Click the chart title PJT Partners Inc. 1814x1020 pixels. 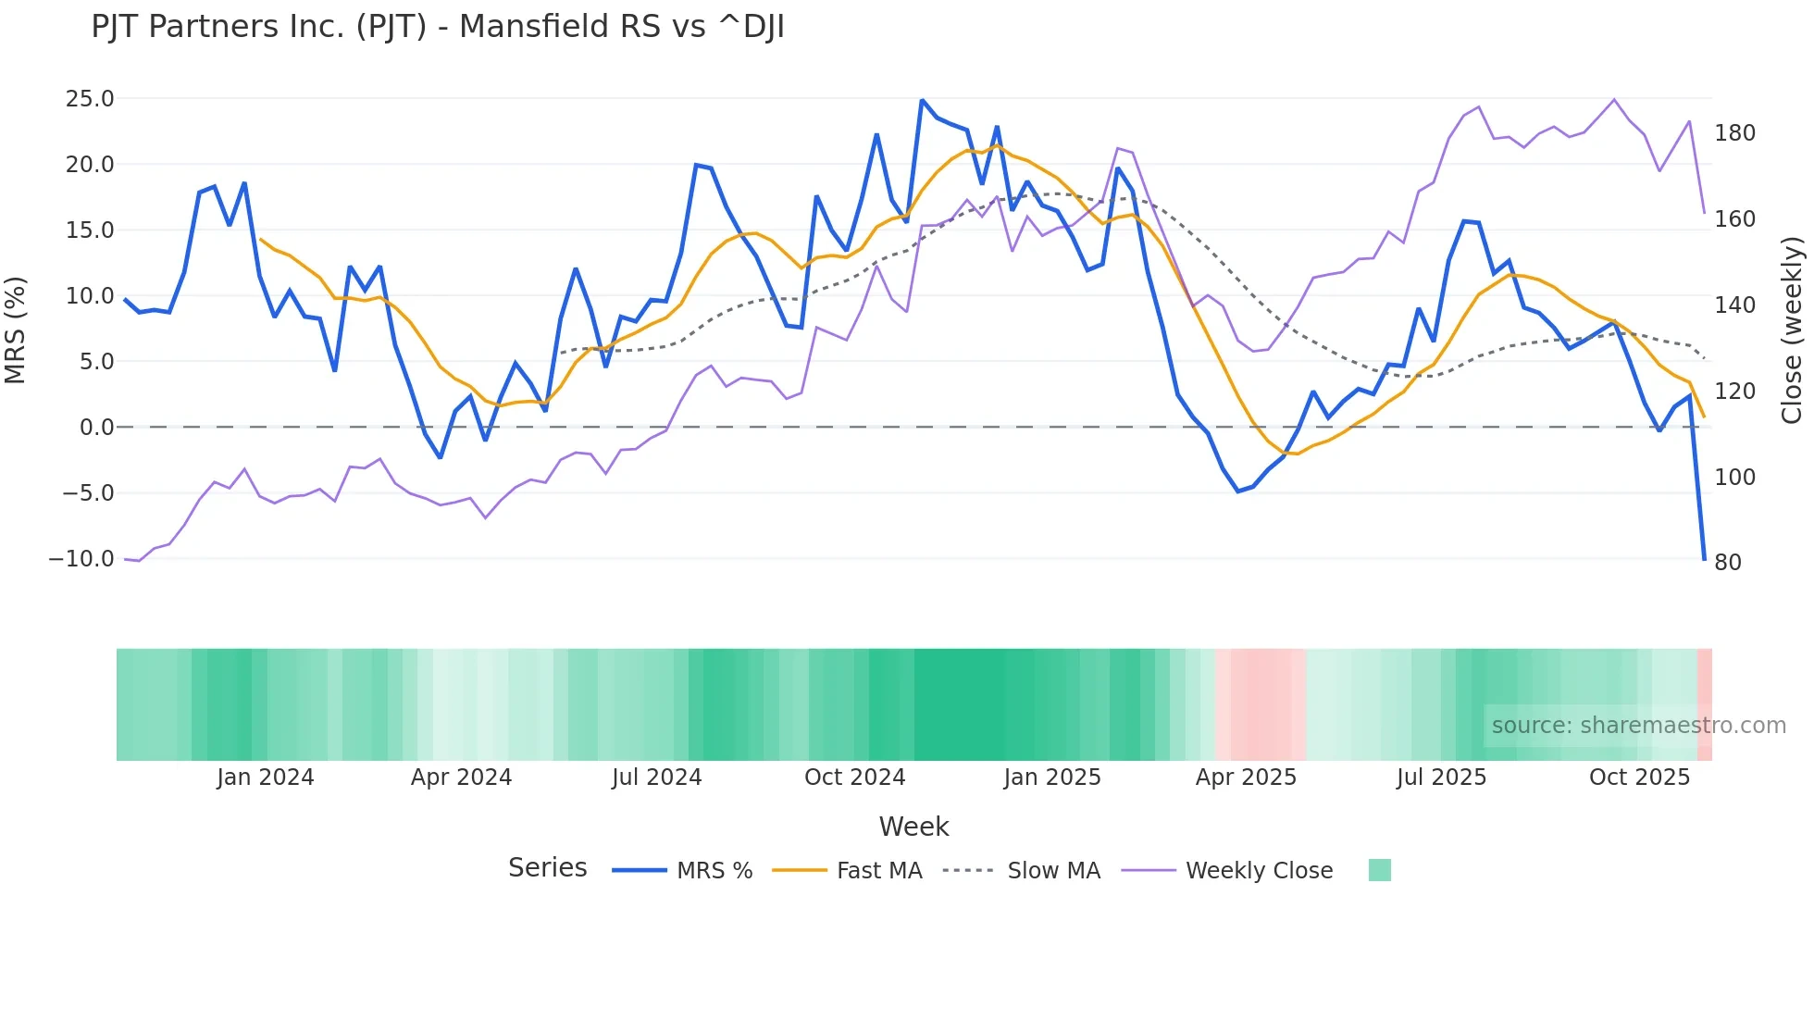click(x=437, y=27)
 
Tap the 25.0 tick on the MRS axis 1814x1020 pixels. click(x=90, y=99)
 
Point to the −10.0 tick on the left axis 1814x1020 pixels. click(x=81, y=559)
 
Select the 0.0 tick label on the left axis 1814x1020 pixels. click(x=96, y=428)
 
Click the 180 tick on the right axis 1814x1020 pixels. click(x=1734, y=133)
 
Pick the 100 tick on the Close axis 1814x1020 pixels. click(x=1734, y=478)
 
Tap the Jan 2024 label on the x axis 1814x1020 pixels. click(x=266, y=777)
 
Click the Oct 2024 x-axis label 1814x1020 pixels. click(x=854, y=777)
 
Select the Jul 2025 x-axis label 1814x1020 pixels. click(x=1441, y=777)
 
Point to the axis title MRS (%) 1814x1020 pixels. click(x=16, y=330)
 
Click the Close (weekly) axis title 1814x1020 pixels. click(x=1792, y=330)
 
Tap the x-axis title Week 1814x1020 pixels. click(x=913, y=827)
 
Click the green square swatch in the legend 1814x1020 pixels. click(x=1379, y=870)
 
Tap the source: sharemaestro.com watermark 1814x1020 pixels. click(x=1638, y=726)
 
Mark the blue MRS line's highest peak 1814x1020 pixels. click(x=922, y=100)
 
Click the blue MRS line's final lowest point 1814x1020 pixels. click(x=1704, y=558)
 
